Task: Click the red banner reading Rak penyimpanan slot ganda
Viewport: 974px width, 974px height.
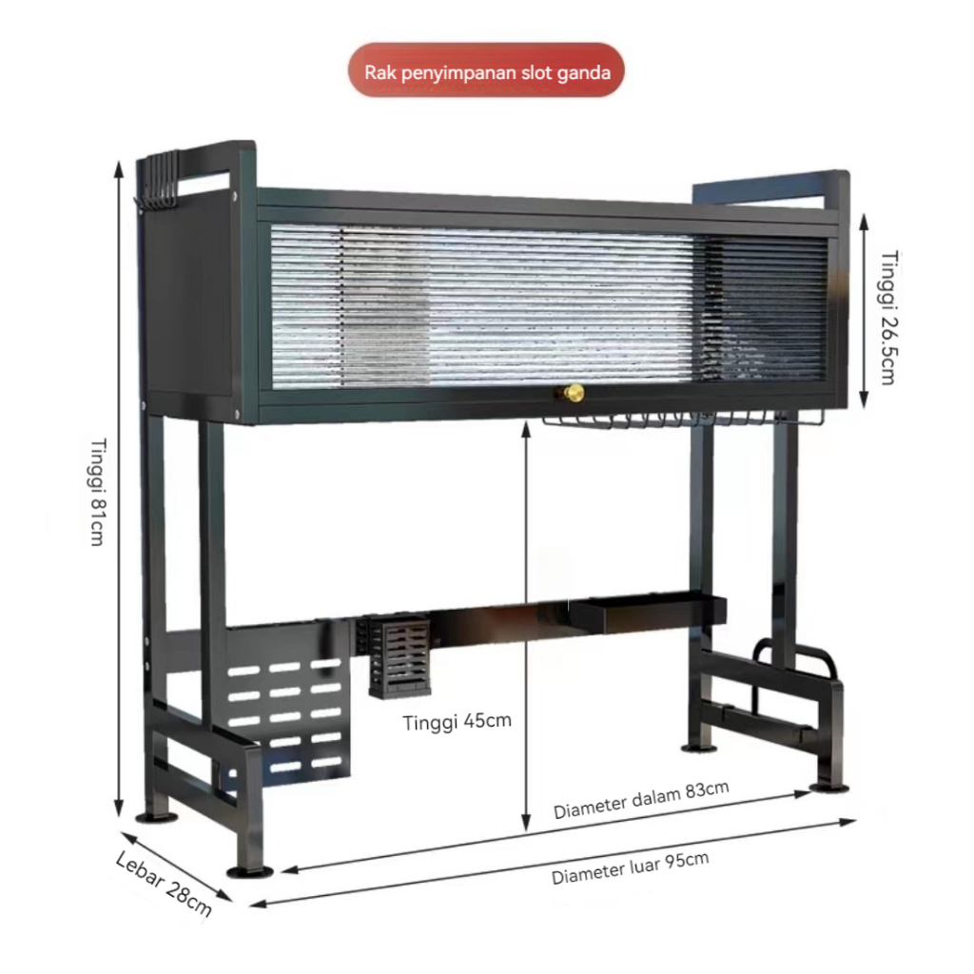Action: [486, 70]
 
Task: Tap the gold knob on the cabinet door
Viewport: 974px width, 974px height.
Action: [575, 392]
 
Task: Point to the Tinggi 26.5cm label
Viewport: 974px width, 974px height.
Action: [886, 317]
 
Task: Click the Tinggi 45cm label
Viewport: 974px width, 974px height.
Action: [457, 721]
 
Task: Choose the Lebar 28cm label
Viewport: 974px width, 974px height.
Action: [164, 884]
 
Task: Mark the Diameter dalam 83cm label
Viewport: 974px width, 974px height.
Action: [641, 801]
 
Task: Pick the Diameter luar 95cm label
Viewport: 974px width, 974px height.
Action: [630, 867]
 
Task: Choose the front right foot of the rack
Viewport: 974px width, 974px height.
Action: [828, 787]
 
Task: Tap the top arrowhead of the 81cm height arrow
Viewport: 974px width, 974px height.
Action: [119, 169]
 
